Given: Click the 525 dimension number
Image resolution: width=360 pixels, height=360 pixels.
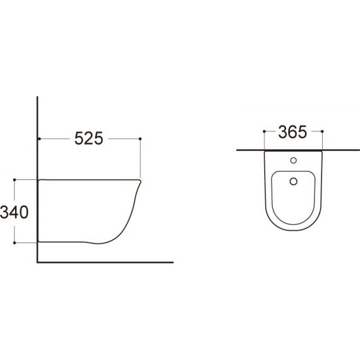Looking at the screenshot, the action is (89, 138).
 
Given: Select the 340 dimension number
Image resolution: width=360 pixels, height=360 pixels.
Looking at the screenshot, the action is (15, 212).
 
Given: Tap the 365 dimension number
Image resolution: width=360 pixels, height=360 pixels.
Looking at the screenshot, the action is (292, 132).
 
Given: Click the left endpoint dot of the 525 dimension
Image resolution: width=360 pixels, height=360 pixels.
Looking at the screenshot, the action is (40, 139).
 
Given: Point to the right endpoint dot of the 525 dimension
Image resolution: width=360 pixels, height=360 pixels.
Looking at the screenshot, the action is (140, 139).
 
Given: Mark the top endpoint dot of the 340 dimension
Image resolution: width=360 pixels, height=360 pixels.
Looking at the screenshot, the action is (15, 180).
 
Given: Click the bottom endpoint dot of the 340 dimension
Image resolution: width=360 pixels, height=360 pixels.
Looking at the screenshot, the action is (15, 243).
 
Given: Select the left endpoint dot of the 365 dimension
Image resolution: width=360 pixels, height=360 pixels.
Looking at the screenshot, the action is (264, 131).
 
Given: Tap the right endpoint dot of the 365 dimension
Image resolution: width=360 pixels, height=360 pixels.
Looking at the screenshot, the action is (322, 131).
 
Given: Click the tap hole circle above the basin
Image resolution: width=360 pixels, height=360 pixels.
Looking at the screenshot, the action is (294, 160).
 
